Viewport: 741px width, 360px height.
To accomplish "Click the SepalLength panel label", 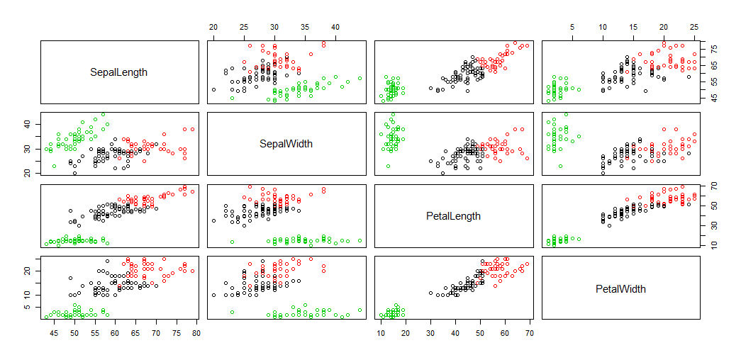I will coord(119,72).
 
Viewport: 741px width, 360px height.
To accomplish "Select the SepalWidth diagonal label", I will coord(286,144).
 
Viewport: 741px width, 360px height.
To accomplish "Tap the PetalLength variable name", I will coord(454,216).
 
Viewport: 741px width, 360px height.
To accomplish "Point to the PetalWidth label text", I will coord(620,288).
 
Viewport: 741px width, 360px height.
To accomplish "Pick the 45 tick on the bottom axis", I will coord(53,332).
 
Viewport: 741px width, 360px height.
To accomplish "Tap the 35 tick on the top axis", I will coord(305,27).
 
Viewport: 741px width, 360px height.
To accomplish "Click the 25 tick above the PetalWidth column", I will coord(694,27).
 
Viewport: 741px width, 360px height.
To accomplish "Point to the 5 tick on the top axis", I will coord(572,27).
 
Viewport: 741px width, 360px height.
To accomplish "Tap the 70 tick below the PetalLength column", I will coord(529,332).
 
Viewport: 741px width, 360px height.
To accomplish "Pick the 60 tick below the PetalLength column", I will coord(504,332).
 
